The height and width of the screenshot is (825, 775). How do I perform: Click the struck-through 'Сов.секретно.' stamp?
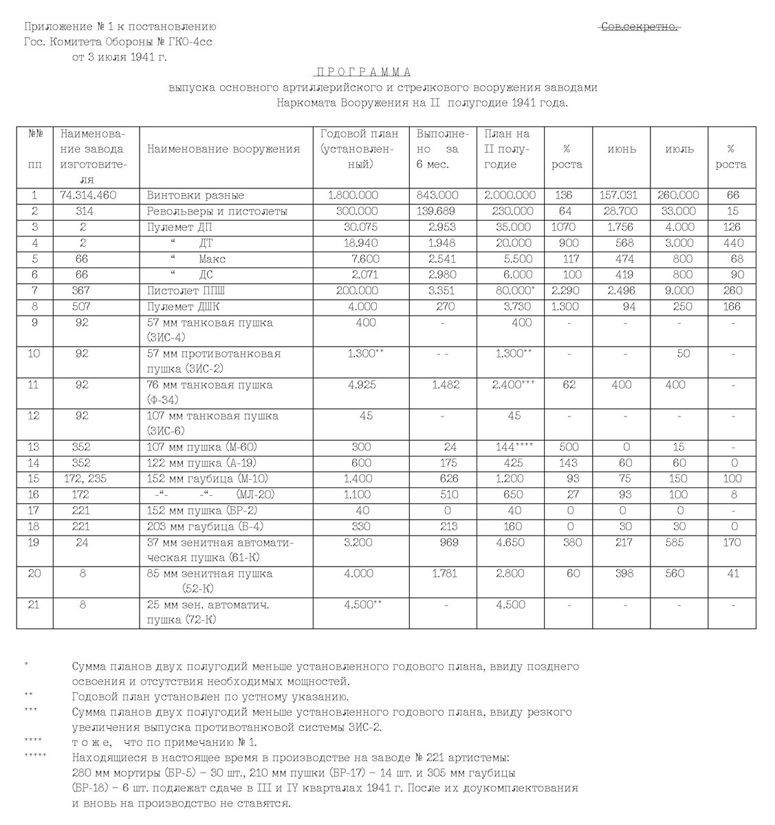(x=640, y=27)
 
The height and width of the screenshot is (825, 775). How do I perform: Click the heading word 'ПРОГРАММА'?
(x=363, y=72)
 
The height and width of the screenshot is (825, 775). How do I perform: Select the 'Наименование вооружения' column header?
(x=223, y=149)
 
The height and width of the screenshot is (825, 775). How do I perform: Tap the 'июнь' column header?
(x=622, y=149)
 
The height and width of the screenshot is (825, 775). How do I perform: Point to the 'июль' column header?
(x=679, y=149)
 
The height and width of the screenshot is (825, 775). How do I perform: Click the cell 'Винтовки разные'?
(x=195, y=195)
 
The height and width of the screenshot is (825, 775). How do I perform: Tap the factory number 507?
(x=83, y=306)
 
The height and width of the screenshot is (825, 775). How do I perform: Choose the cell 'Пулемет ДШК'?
(x=183, y=306)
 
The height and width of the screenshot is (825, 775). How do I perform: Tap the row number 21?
(x=34, y=605)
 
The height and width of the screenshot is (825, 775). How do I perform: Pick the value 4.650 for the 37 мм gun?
(x=510, y=542)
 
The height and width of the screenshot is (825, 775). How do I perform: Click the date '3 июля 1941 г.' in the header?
(x=120, y=57)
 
